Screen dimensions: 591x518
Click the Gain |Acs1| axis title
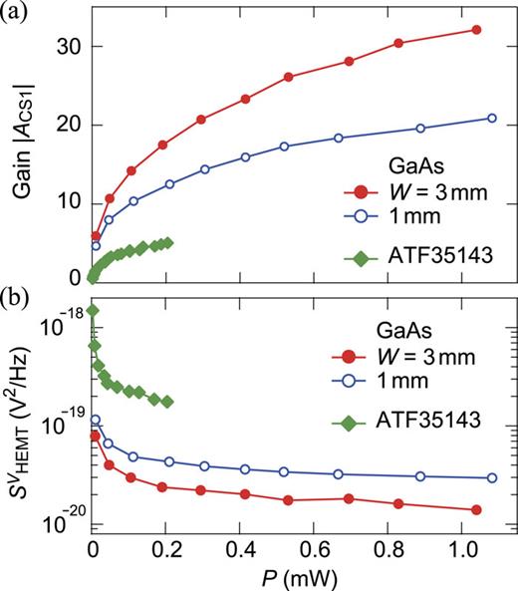[22, 149]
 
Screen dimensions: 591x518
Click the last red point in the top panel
[476, 30]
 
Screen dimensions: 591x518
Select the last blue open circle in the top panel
[491, 119]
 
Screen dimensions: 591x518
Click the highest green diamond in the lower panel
[93, 311]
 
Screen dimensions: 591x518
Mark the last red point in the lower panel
[476, 509]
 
